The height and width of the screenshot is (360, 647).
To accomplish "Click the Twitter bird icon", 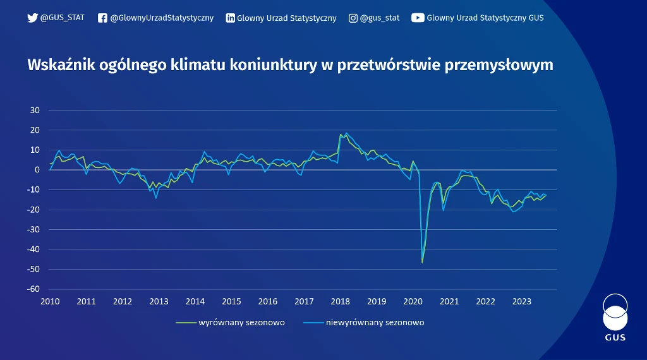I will coord(33,18).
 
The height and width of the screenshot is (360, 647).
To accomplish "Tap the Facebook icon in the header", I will coord(102,18).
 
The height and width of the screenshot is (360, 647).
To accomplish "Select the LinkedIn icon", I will coord(231,18).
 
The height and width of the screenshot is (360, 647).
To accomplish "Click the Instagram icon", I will coord(353,18).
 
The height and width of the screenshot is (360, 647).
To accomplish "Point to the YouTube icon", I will coord(418,18).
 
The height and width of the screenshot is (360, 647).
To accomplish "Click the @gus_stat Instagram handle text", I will coord(380,18).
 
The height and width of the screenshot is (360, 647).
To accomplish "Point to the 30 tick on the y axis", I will coord(35,111).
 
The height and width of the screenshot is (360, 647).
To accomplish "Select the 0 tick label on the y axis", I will coord(38,170).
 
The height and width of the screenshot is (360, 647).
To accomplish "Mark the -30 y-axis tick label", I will coord(34,230).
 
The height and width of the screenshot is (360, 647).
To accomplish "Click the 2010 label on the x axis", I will coord(50,301).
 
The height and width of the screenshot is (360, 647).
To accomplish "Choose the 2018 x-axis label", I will coord(341,301).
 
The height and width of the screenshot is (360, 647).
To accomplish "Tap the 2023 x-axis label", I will coord(522,301).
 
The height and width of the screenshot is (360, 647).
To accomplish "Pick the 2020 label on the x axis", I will coord(413,301).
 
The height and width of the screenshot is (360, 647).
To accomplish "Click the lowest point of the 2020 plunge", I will coord(422,261).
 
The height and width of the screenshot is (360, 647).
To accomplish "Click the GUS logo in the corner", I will coord(615,317).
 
